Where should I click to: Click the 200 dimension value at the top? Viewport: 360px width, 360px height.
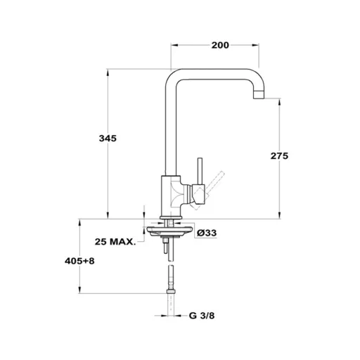(220, 45)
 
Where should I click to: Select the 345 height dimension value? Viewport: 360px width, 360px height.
(108, 139)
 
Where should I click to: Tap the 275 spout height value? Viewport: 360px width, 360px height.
(279, 156)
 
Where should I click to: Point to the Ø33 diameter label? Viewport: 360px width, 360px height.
(207, 233)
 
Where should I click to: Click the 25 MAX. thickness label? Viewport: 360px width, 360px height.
(115, 242)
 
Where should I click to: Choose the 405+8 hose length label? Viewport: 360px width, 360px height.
(79, 261)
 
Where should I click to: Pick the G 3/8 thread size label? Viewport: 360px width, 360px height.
(202, 316)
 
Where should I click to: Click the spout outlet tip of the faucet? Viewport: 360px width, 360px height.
(259, 94)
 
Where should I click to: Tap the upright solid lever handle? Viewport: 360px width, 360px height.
(200, 171)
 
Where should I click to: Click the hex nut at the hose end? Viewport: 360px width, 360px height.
(171, 291)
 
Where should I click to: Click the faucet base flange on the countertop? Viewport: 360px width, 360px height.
(171, 217)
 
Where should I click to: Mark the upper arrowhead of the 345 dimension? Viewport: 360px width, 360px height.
(108, 72)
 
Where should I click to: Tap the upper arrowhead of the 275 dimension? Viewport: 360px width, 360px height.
(279, 102)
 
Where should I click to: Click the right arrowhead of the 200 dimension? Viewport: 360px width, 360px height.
(255, 45)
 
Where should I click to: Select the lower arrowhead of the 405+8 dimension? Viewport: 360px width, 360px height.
(80, 290)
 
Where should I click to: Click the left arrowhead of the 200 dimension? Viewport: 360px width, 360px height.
(175, 45)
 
